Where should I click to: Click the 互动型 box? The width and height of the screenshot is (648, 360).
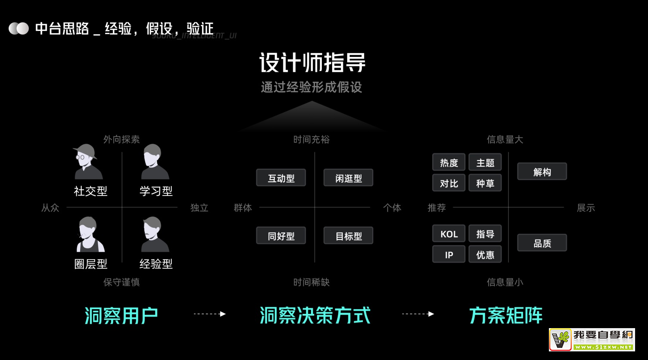coord(281,178)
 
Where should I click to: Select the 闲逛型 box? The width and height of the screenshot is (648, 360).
coord(348,178)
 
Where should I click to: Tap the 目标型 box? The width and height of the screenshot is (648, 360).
coord(348,236)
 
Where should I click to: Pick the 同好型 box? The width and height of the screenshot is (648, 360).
coord(281,236)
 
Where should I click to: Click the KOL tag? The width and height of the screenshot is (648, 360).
coord(449,234)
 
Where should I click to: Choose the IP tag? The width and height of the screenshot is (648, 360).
coord(449,254)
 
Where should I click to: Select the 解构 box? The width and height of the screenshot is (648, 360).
coord(542,172)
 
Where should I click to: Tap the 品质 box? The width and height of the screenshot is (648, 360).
coord(542,243)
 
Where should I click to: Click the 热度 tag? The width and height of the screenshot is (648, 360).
coord(449,162)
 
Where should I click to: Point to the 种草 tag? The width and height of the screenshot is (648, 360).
coord(485,183)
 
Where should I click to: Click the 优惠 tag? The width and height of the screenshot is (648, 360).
coord(485,254)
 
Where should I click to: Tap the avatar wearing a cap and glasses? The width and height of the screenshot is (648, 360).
coord(88,162)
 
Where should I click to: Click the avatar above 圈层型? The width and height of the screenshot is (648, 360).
coord(90,234)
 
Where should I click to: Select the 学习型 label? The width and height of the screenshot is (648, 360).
coord(156,191)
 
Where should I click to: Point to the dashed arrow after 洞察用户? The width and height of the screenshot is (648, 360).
coord(210,314)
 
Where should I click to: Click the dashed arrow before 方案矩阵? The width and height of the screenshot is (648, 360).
coord(418,314)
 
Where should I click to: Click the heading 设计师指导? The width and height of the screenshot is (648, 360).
coord(312,63)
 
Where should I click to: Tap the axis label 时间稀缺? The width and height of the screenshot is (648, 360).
coord(311,282)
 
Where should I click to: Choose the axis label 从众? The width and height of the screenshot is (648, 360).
coord(50,208)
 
